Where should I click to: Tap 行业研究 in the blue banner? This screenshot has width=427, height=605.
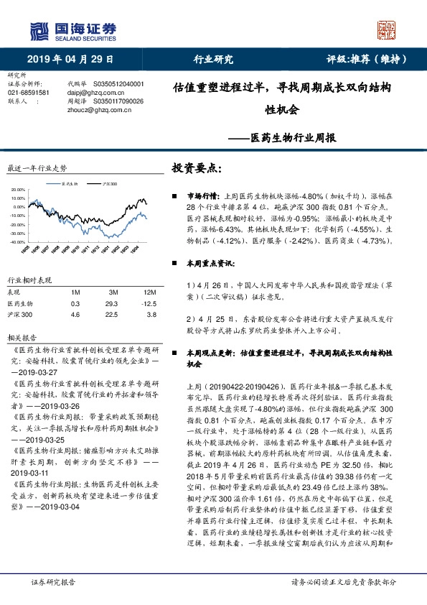tap(213, 59)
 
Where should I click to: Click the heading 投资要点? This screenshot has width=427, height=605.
tap(197, 169)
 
